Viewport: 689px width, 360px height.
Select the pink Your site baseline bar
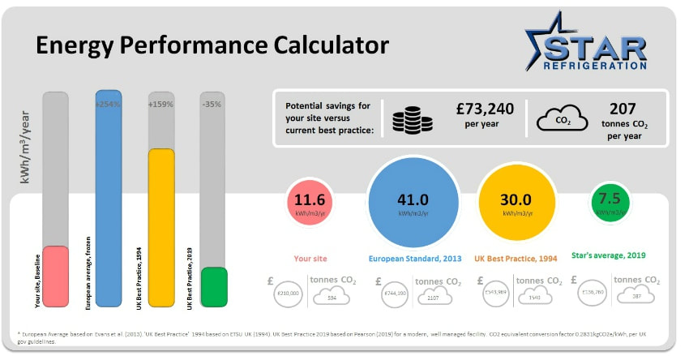click(55, 276)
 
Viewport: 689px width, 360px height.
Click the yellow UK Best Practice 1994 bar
click(161, 227)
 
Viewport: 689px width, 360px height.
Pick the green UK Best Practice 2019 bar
click(214, 287)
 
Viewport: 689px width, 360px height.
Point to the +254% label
click(108, 105)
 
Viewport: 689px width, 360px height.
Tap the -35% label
click(213, 105)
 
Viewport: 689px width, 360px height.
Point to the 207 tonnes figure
click(624, 108)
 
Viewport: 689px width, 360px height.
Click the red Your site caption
click(310, 259)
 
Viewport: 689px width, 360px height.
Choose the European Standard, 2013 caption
click(414, 259)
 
